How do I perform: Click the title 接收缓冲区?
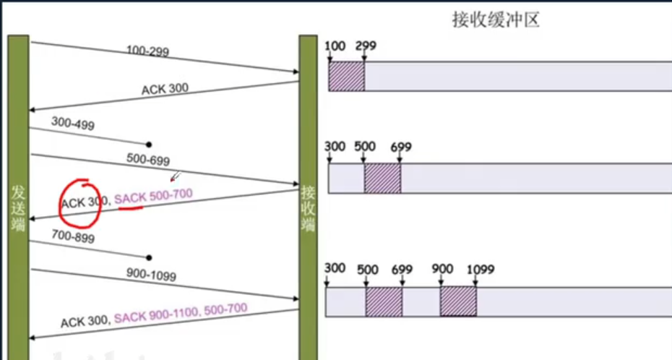pyautogui.click(x=496, y=20)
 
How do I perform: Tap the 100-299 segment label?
pyautogui.click(x=147, y=51)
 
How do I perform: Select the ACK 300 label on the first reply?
pyautogui.click(x=165, y=89)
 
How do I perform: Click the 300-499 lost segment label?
pyautogui.click(x=73, y=124)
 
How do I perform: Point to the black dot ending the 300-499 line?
pyautogui.click(x=149, y=145)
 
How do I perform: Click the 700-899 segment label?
pyautogui.click(x=73, y=236)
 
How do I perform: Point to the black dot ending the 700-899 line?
pyautogui.click(x=149, y=257)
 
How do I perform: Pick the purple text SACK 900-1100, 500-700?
pyautogui.click(x=181, y=312)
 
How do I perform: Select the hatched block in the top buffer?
pyautogui.click(x=346, y=77)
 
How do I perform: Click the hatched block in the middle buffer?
pyautogui.click(x=382, y=178)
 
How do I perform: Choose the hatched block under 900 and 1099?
pyautogui.click(x=458, y=301)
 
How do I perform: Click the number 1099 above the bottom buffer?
pyautogui.click(x=481, y=269)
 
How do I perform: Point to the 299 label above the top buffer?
pyautogui.click(x=366, y=46)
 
